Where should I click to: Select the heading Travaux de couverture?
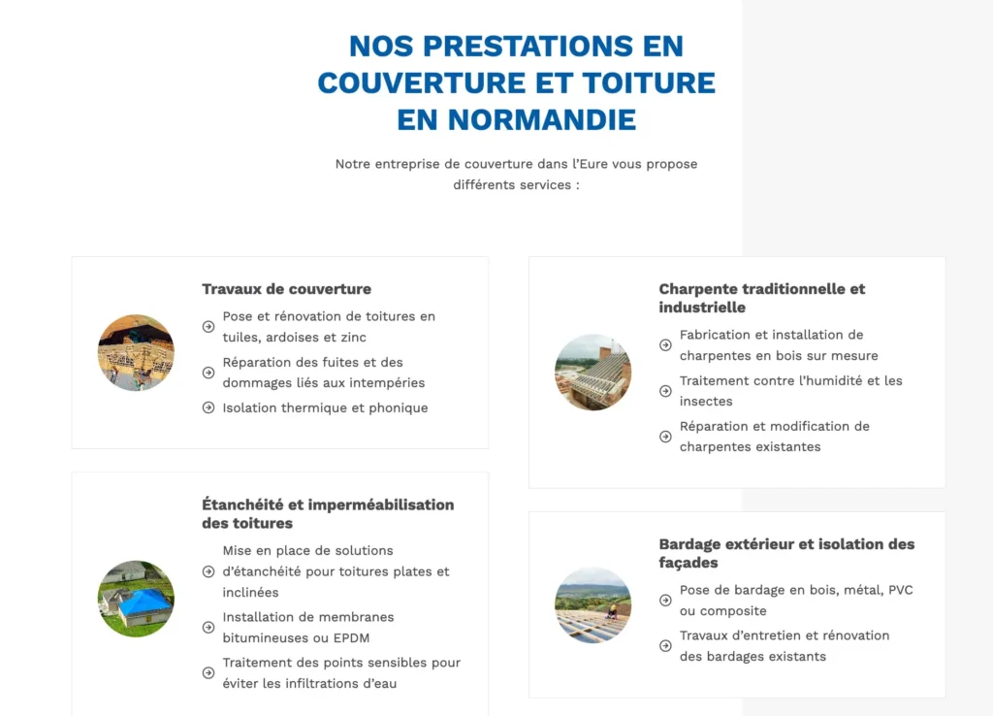[286, 289]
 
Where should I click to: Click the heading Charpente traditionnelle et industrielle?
[761, 298]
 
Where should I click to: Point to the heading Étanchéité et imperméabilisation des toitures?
[328, 513]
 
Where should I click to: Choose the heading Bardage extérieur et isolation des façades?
[786, 553]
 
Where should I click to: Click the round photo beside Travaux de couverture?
[136, 352]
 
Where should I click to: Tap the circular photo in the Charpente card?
[593, 373]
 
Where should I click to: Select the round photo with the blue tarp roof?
[136, 599]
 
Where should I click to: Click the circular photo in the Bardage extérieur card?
[593, 605]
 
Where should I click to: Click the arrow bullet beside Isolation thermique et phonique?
[208, 407]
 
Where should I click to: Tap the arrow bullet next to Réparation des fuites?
[208, 373]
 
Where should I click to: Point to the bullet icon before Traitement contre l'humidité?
[665, 391]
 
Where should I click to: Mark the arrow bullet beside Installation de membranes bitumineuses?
[208, 628]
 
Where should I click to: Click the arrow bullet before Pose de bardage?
[665, 601]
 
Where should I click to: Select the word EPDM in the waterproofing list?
[351, 638]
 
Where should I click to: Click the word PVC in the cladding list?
[899, 590]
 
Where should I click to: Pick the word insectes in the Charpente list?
[706, 402]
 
